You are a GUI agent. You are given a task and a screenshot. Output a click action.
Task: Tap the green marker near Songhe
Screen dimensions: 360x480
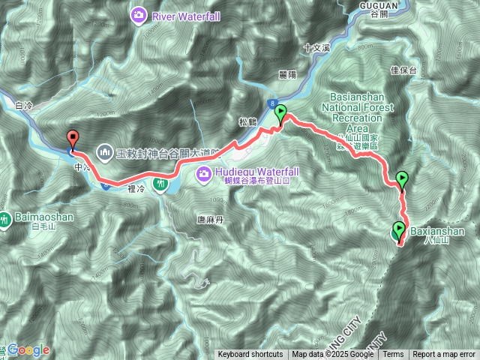(x=281, y=114)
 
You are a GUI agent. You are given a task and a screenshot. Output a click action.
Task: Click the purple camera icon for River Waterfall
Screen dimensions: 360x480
(x=139, y=14)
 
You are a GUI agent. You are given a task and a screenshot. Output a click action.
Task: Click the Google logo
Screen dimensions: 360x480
(x=29, y=349)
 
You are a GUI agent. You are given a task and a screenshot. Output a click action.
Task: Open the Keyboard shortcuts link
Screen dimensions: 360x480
(x=250, y=355)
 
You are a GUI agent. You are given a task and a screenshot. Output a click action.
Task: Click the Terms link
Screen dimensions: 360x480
(x=393, y=355)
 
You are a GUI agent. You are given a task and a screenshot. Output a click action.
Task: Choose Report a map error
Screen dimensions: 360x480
(x=445, y=355)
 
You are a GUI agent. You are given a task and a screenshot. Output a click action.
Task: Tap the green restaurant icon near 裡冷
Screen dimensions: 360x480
(x=160, y=183)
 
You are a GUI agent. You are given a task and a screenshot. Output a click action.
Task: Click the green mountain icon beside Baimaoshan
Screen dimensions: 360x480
(x=5, y=220)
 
